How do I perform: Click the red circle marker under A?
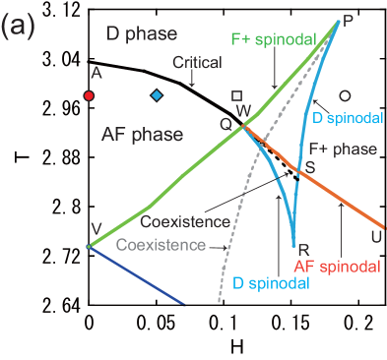pos(89,95)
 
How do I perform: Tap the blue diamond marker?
pos(156,95)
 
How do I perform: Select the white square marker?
pos(236,95)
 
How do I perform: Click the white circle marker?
pos(345,95)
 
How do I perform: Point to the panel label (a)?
pos(19,27)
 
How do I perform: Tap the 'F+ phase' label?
pos(343,149)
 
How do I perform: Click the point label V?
pos(96,229)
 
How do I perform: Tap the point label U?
pos(375,236)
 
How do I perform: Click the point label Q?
pos(226,123)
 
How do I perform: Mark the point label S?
pos(310,167)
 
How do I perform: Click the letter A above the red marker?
pos(96,73)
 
